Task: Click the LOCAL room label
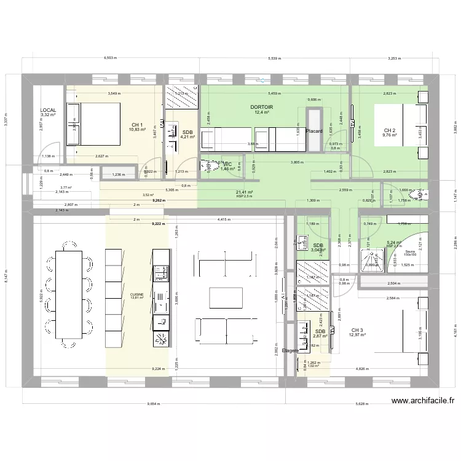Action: [48, 110]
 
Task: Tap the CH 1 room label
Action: [136, 124]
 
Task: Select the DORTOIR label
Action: [262, 107]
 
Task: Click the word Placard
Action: [314, 131]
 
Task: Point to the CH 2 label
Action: [390, 130]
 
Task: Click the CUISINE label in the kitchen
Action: [136, 294]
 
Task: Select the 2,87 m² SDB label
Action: [320, 333]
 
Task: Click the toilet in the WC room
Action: [207, 165]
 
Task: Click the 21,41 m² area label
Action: [245, 192]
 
